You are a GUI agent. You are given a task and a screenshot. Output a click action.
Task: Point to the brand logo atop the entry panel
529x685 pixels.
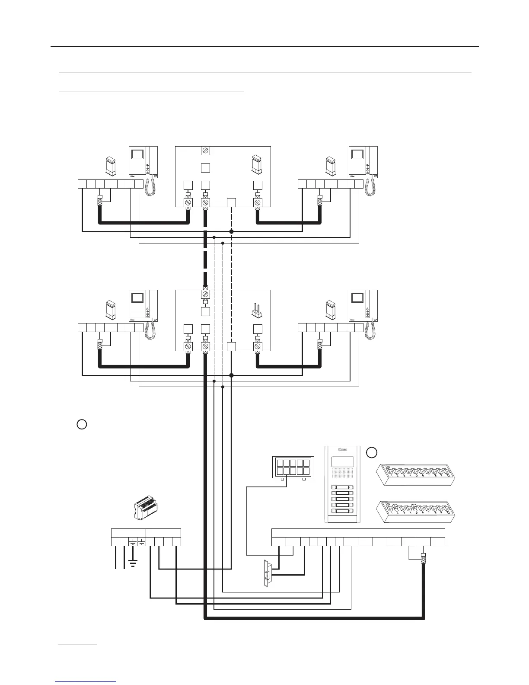coord(342,449)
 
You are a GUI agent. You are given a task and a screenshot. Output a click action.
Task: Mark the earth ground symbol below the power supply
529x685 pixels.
coord(133,563)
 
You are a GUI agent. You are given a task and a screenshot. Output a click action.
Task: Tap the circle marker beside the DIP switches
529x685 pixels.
coord(372,452)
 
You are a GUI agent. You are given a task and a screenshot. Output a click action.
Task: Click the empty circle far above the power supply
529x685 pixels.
coord(82,424)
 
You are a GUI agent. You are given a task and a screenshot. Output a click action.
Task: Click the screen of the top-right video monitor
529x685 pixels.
coord(357,154)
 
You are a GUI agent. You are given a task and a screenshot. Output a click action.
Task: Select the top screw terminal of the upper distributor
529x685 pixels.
coord(206,150)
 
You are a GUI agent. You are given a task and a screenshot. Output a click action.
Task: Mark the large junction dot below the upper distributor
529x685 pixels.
coord(231,232)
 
